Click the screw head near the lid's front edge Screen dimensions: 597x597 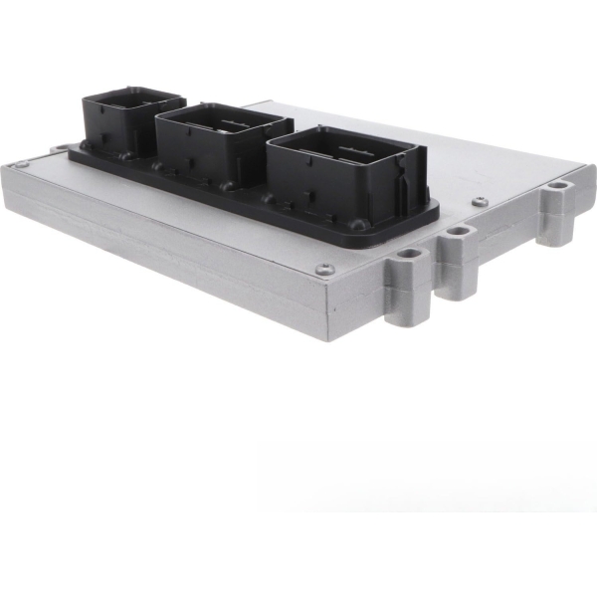pyautogui.click(x=323, y=269)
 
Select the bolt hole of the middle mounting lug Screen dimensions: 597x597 pyautogui.click(x=458, y=232)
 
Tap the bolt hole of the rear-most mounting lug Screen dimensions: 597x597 pyautogui.click(x=558, y=185)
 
